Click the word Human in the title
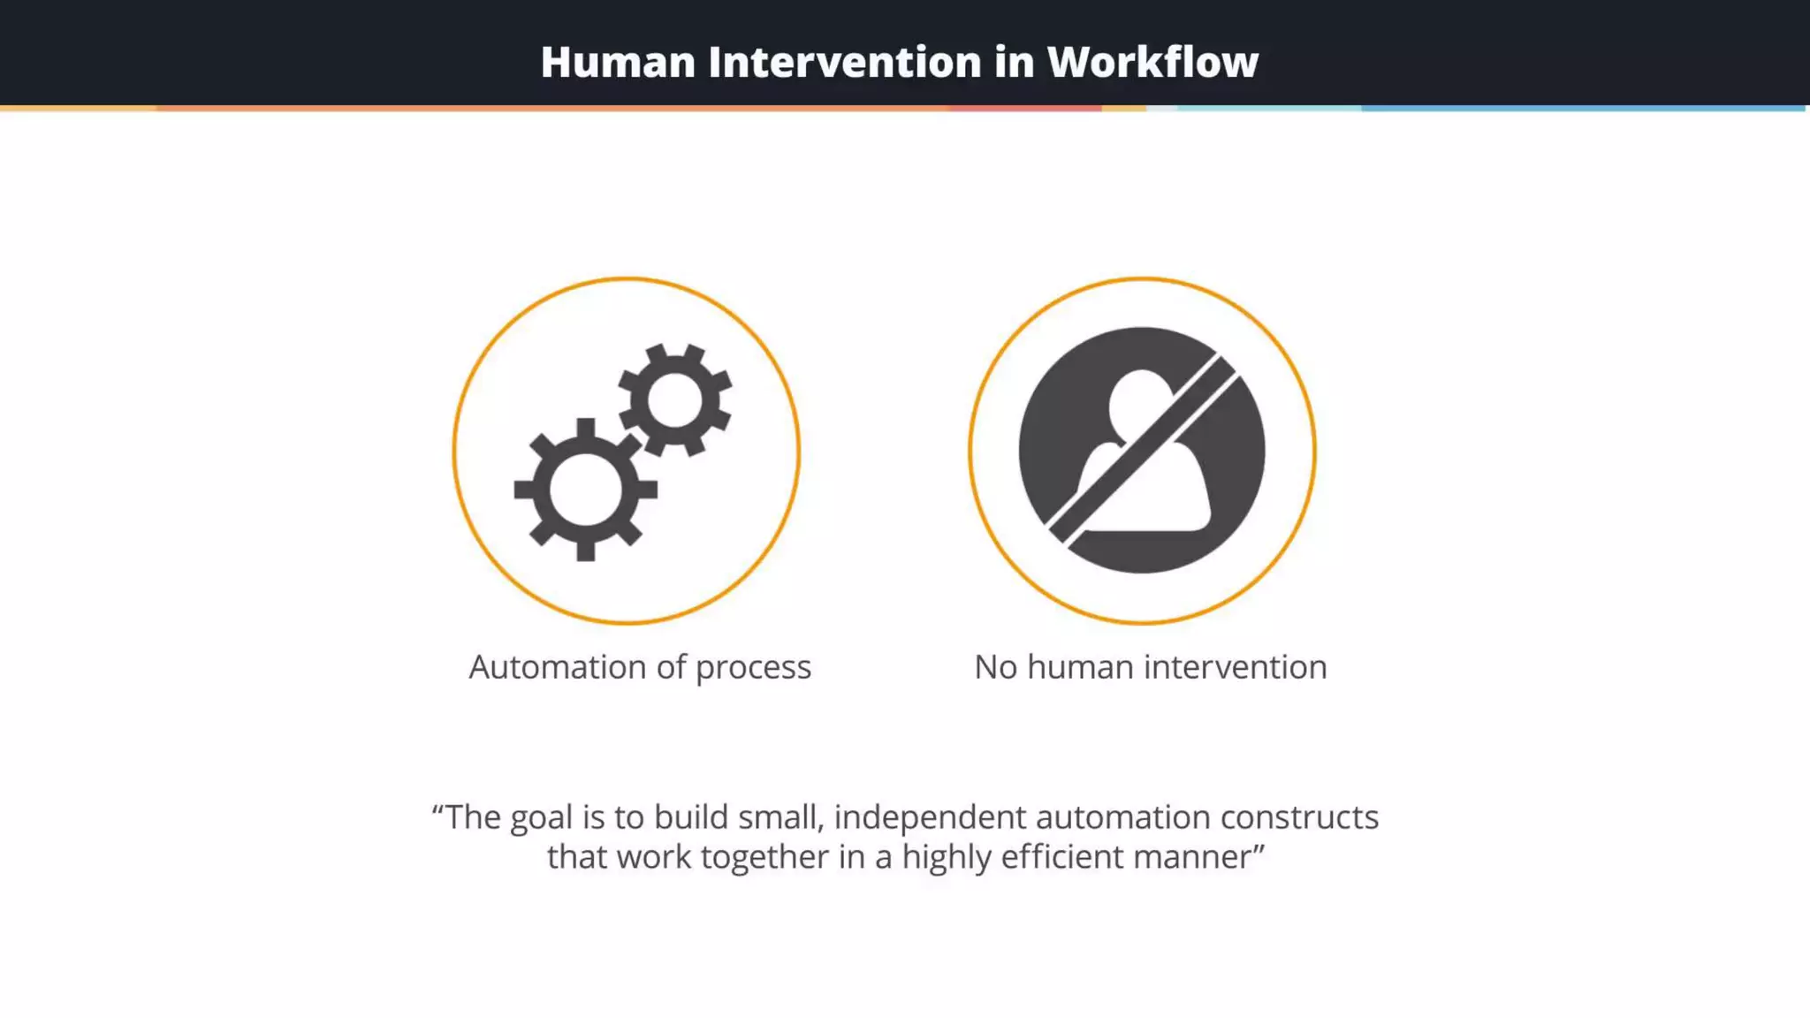[x=618, y=63]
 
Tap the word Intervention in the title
[x=844, y=63]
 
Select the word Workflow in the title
[x=1152, y=63]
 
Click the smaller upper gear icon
[x=675, y=399]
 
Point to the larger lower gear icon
[x=585, y=490]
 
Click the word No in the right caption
[x=995, y=667]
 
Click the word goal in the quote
[x=542, y=818]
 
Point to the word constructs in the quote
[x=1299, y=817]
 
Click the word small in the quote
[x=781, y=817]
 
